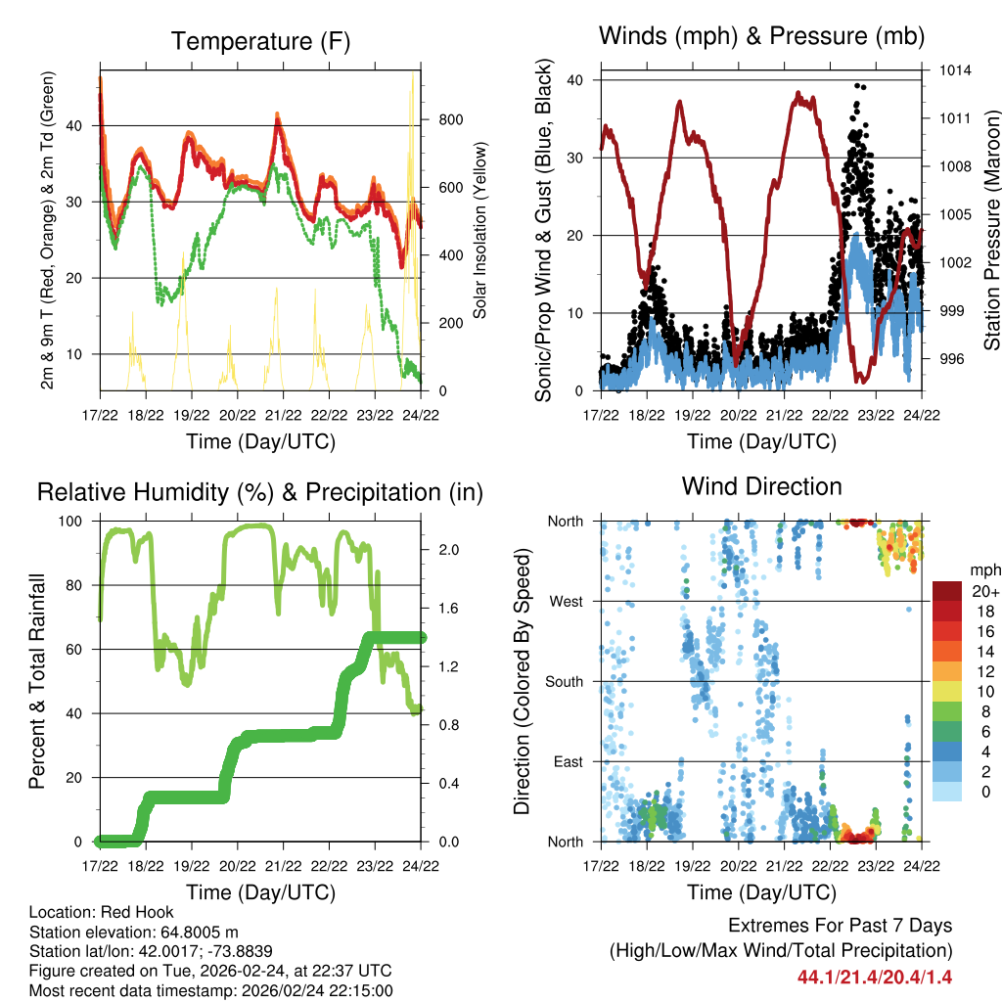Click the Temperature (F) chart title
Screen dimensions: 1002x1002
[259, 41]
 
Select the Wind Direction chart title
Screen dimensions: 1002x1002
[761, 485]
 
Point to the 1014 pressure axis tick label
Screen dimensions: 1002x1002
[956, 70]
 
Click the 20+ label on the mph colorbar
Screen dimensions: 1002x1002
[984, 590]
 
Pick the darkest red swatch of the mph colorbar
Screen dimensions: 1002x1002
[946, 590]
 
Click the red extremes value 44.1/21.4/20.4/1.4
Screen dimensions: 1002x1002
[874, 977]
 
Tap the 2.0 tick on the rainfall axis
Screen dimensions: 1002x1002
[441, 549]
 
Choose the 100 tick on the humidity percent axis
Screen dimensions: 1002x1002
[74, 522]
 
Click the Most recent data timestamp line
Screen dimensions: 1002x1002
[210, 990]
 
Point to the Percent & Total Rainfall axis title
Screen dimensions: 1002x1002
[36, 682]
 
